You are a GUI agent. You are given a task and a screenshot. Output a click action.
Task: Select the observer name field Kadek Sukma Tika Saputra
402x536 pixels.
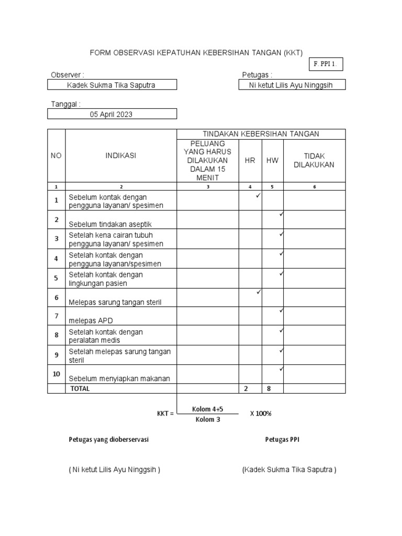coord(113,85)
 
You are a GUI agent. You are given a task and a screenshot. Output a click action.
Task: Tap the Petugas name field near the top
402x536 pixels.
coord(293,85)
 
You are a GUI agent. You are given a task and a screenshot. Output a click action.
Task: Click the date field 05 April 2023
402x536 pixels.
coord(113,114)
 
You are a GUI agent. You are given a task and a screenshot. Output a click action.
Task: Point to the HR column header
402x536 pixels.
coord(250,160)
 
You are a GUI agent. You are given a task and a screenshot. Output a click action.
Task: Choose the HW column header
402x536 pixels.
coord(272,160)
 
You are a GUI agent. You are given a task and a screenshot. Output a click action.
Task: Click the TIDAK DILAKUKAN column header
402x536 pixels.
coord(314,160)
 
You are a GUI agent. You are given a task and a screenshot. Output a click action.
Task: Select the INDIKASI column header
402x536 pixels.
coord(120,155)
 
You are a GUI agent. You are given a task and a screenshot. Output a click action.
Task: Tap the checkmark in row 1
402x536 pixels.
coord(258,196)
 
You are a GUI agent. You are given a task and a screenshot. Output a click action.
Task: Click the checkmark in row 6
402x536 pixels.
coord(258,292)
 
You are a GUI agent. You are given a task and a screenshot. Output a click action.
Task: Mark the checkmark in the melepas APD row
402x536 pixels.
coord(281,311)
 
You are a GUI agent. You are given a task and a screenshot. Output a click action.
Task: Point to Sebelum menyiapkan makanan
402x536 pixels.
coord(119,378)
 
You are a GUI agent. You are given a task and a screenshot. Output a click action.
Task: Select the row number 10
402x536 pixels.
coord(57,374)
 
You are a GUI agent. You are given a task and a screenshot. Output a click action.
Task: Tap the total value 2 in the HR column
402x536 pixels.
coord(245,388)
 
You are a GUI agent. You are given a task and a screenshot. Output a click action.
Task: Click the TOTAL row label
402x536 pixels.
coord(80,388)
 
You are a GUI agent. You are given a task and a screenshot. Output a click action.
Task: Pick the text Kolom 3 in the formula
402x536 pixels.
coord(208,419)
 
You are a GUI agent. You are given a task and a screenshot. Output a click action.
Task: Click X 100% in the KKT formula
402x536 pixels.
coord(261,413)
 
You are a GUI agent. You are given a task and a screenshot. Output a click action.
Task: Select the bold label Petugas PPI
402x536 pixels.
coord(282,440)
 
